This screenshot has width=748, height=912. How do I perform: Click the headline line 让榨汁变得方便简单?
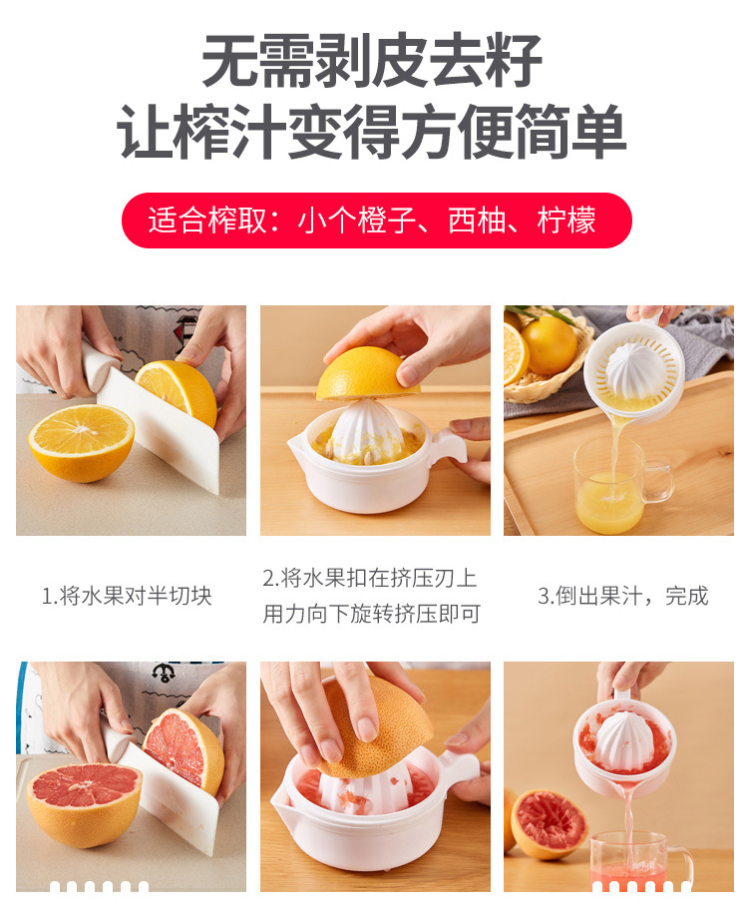(x=373, y=133)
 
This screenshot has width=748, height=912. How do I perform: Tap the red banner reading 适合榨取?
(x=376, y=221)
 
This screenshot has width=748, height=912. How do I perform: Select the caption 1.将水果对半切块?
(x=127, y=596)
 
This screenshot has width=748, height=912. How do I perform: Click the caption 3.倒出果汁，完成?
(x=622, y=596)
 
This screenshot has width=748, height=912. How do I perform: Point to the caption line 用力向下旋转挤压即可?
(x=372, y=614)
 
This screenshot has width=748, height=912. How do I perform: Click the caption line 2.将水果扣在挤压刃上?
(x=370, y=578)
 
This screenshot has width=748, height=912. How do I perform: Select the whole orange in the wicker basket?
(x=550, y=345)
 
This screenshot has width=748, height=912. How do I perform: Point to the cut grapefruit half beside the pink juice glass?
(x=548, y=823)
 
